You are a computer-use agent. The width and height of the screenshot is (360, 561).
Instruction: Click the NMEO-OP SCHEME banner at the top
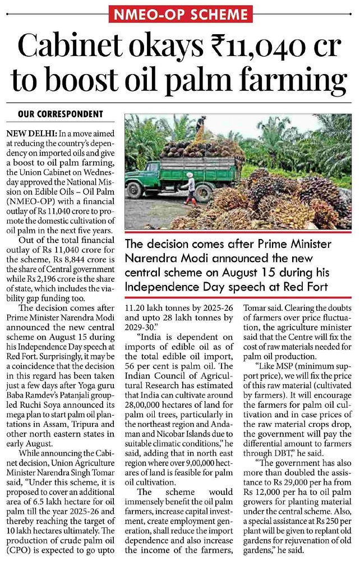click(179, 13)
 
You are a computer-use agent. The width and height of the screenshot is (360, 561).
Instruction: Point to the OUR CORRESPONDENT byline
click(61, 114)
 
